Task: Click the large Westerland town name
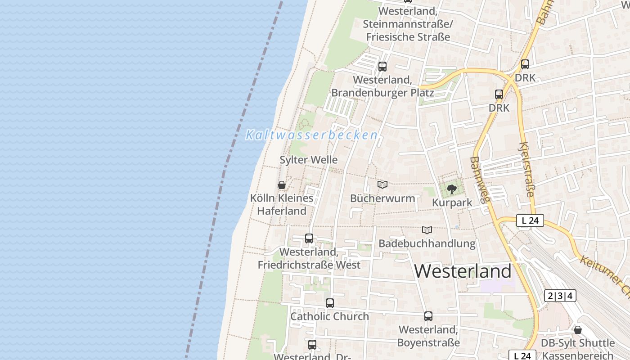[463, 271]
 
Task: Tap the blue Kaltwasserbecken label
[311, 135]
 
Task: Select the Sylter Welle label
[308, 160]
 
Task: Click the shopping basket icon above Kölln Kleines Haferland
[282, 185]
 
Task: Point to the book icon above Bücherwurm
[382, 184]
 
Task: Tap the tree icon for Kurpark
[452, 189]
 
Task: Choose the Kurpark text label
[452, 202]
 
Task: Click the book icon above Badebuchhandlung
[427, 230]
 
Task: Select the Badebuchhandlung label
[427, 243]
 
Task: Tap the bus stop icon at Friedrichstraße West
[309, 238]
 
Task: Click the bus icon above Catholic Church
[330, 303]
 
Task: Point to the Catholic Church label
[329, 316]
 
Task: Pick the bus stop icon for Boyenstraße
[428, 316]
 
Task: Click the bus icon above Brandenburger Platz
[382, 67]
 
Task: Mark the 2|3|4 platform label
[560, 296]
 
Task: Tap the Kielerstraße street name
[526, 170]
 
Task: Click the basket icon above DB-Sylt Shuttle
[578, 330]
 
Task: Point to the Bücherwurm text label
[382, 198]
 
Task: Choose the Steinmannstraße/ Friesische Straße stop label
[408, 24]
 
